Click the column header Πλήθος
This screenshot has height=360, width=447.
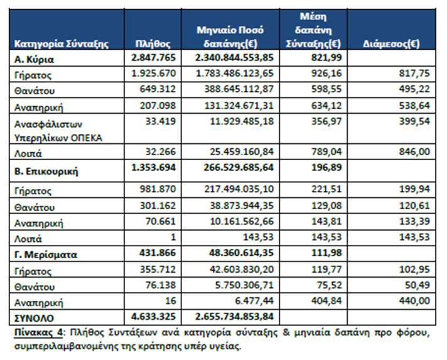pyautogui.click(x=153, y=44)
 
